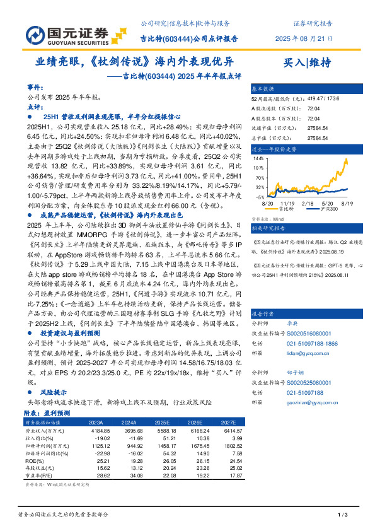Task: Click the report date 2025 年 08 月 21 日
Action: (303, 38)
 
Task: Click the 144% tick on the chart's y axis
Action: (260, 159)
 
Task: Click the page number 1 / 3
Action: (343, 516)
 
